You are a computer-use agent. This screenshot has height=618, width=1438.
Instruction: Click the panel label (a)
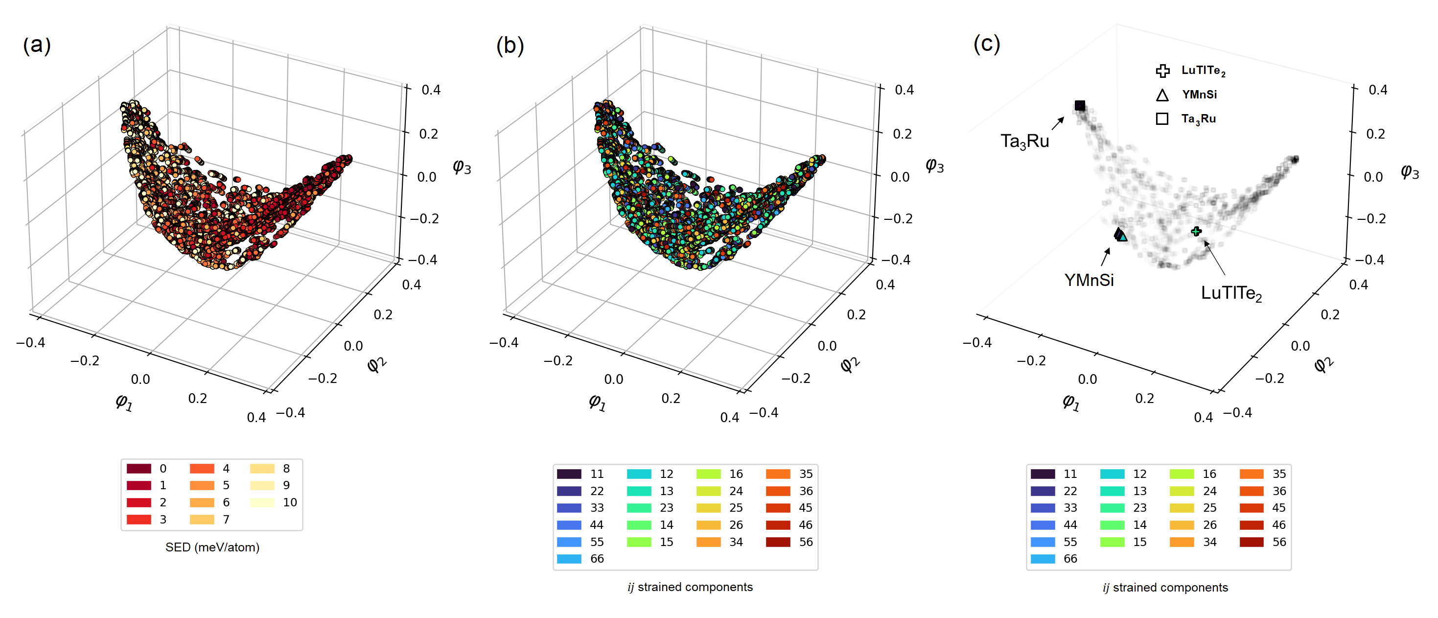point(37,45)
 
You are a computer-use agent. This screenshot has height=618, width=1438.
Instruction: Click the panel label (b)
point(510,45)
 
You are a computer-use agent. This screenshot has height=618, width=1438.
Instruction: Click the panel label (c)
point(986,44)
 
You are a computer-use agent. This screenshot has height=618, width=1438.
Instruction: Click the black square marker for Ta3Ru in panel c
point(1080,105)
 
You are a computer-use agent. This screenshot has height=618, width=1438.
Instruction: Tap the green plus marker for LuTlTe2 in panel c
point(1196,231)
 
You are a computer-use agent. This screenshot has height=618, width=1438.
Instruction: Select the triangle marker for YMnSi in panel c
point(1120,235)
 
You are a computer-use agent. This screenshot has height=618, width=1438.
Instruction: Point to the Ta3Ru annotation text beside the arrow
point(1024,141)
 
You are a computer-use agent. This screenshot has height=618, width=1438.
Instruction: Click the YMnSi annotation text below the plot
point(1089,280)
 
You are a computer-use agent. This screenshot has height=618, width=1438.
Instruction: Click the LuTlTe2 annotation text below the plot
point(1231,293)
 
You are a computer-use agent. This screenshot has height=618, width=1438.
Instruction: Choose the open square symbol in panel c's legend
point(1162,119)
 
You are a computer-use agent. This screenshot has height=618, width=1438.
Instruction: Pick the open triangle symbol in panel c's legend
point(1162,95)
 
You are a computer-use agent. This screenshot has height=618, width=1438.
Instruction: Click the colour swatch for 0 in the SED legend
point(139,468)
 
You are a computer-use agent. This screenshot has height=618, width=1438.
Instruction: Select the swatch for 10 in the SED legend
point(262,502)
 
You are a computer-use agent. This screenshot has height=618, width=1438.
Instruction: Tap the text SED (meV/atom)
point(212,547)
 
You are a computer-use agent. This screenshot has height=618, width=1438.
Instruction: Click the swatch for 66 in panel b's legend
point(569,559)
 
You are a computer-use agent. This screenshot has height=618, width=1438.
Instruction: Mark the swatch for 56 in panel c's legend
point(1251,542)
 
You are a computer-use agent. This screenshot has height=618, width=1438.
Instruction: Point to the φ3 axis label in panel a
point(462,166)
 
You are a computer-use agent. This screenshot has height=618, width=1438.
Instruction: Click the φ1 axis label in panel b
point(597,402)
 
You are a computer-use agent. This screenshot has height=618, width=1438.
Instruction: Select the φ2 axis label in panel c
point(1323,364)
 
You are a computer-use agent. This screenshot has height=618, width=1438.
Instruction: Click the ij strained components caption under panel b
point(690,587)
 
